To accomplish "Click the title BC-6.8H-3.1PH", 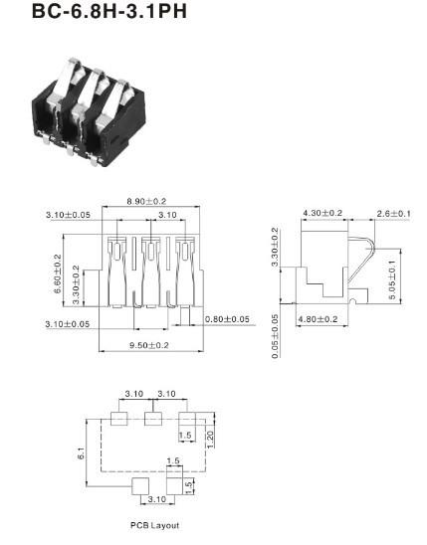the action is coord(109,10).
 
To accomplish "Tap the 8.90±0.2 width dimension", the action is coord(146,201).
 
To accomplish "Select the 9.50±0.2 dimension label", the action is coord(149,345).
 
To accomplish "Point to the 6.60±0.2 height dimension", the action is coord(58,273).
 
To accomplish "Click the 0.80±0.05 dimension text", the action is coord(227,319).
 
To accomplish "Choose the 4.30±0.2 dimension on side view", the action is coord(322,213).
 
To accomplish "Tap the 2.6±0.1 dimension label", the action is coord(393,214).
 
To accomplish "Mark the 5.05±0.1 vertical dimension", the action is coord(392,279).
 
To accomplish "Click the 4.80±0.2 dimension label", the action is coord(318,319).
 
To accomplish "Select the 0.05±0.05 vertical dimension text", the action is coord(275,336).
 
